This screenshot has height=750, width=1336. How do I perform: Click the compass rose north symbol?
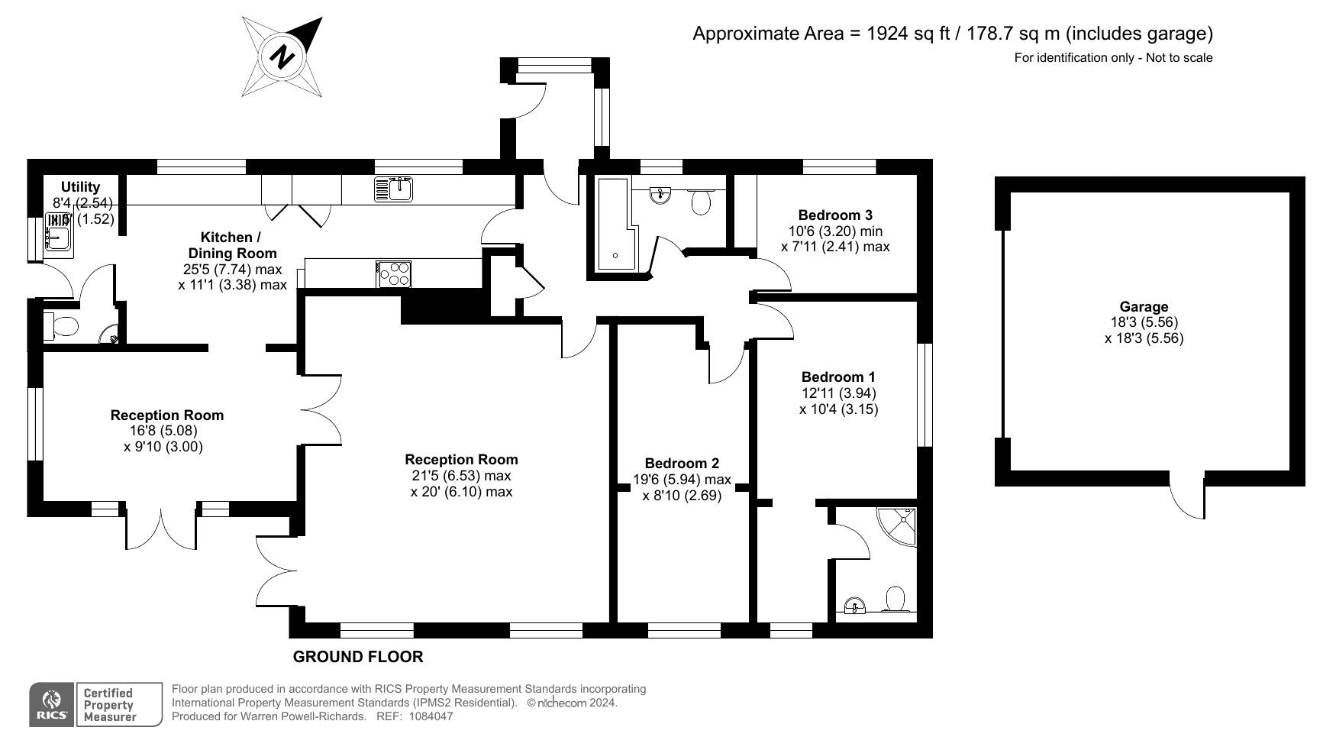282,57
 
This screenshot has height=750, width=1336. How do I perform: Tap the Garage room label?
1144,307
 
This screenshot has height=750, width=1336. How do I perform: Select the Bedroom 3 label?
835,215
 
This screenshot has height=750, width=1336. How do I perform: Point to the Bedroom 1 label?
838,377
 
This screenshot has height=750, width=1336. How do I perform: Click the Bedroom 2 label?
682,463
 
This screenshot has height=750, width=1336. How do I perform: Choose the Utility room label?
80,187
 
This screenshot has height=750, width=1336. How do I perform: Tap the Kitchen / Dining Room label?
232,244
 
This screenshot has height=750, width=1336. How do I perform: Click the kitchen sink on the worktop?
394,189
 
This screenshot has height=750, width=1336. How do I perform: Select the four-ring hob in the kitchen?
394,273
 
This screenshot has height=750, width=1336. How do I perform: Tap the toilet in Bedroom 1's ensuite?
895,600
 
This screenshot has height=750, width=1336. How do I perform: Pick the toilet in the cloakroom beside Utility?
62,326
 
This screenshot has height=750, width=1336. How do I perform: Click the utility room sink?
58,232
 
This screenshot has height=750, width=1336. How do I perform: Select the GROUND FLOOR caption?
358,657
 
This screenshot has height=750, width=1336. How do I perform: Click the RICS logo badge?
52,704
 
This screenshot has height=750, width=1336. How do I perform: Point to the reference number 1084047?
431,716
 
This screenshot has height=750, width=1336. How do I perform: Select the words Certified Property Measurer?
110,705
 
